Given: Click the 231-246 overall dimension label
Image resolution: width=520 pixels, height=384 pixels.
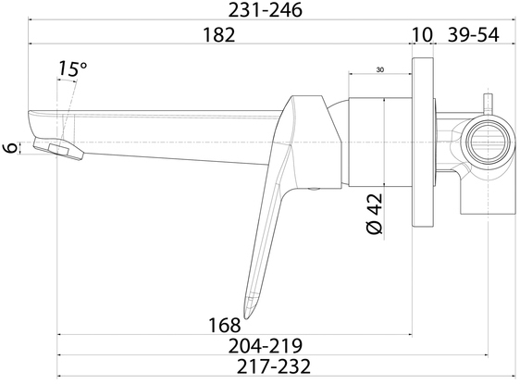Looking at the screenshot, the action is [x=266, y=10].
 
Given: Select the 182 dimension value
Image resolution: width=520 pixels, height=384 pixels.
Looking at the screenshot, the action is [x=219, y=34].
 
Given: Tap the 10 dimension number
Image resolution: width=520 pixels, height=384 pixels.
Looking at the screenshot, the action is [x=422, y=34].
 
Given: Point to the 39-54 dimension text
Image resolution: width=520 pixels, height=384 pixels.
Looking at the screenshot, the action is [x=473, y=34].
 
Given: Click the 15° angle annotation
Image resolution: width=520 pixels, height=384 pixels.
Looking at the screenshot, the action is [x=72, y=68].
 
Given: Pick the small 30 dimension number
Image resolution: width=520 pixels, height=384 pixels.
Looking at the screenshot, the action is [x=380, y=70].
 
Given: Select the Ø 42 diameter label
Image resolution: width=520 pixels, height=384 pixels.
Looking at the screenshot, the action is [x=375, y=214].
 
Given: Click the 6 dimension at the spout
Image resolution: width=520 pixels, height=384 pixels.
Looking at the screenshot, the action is [x=11, y=147].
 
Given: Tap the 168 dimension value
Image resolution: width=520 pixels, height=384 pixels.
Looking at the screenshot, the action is [x=225, y=325].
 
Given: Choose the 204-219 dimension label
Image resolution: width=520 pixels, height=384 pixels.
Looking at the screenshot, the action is [x=266, y=346].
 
